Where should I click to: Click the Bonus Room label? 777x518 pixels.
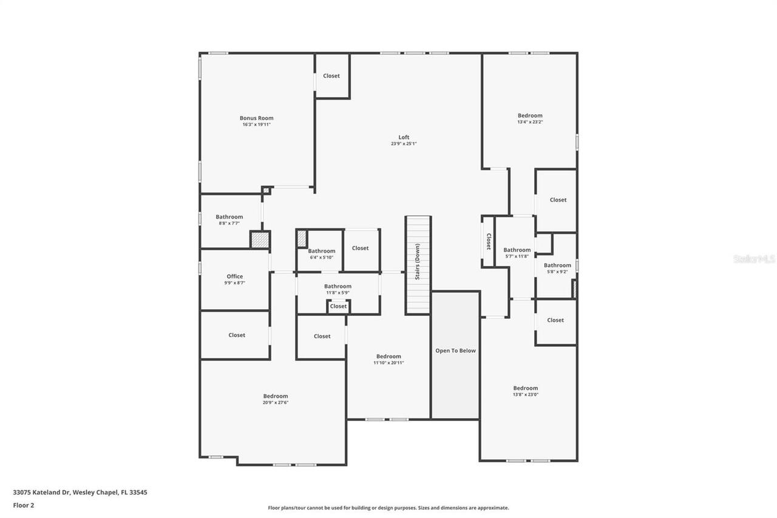point(256,118)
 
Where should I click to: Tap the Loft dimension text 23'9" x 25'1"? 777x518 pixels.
point(404,144)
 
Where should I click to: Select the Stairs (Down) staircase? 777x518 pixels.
point(418,265)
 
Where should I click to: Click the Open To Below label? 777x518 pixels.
point(455,351)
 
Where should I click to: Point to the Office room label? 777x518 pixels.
point(235,276)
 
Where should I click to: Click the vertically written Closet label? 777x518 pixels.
point(488,242)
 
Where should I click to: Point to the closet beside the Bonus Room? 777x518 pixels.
point(331,76)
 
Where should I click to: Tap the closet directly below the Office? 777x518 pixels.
point(237,335)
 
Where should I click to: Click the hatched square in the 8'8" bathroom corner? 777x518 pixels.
point(260,239)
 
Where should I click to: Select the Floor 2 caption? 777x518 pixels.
point(23,505)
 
